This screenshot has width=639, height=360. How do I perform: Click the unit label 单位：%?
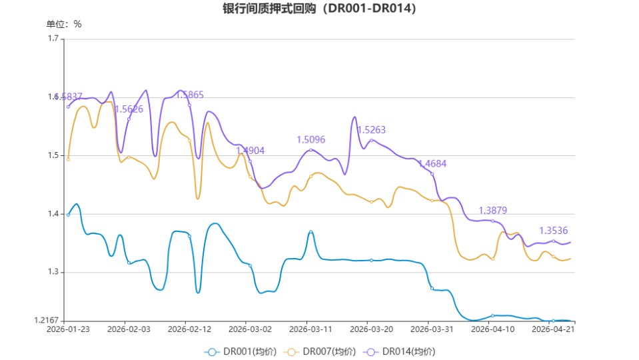pyautogui.click(x=64, y=24)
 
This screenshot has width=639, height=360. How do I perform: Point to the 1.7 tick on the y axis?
pyautogui.click(x=53, y=39)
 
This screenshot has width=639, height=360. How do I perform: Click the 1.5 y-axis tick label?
pyautogui.click(x=53, y=155)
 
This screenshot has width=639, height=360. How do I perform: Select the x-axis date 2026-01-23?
pyautogui.click(x=69, y=329)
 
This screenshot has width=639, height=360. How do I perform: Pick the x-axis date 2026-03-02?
pyautogui.click(x=250, y=329)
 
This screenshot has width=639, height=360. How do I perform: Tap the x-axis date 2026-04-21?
pyautogui.click(x=552, y=329)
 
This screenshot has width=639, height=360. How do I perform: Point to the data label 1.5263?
pyautogui.click(x=372, y=131)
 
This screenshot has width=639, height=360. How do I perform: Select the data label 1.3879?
pyautogui.click(x=493, y=211)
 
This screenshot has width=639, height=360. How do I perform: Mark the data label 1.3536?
pyautogui.click(x=553, y=231)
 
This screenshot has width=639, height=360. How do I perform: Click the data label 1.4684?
pyautogui.click(x=432, y=164)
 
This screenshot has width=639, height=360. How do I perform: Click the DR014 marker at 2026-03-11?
pyautogui.click(x=311, y=150)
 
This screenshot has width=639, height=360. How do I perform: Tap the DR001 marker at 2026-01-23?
pyautogui.click(x=68, y=215)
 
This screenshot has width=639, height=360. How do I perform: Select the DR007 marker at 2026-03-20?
pyautogui.click(x=371, y=201)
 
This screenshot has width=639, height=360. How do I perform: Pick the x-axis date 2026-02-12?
pyautogui.click(x=189, y=329)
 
